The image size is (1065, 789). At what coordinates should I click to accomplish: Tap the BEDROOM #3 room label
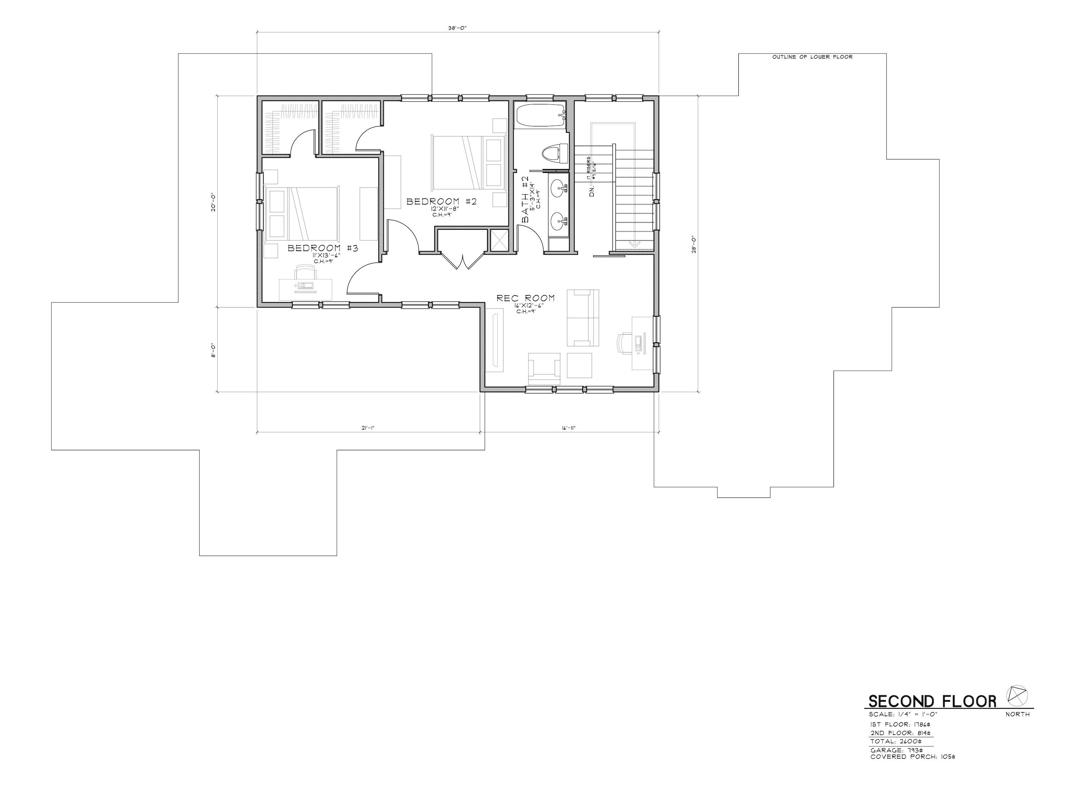(x=323, y=248)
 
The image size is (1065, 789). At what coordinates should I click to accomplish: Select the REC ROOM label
(x=526, y=298)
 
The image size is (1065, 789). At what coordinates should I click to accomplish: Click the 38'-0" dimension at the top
(x=457, y=28)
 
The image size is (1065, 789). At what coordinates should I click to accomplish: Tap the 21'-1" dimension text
(x=367, y=428)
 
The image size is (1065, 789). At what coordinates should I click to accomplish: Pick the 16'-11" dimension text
(x=569, y=428)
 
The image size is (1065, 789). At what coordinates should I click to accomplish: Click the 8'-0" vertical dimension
(x=213, y=350)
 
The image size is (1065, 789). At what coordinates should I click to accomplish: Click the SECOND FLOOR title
(x=932, y=701)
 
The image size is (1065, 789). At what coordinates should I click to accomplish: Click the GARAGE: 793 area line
(x=896, y=750)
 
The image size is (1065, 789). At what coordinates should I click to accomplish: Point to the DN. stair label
(x=592, y=191)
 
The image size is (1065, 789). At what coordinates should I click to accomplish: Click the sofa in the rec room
(x=583, y=317)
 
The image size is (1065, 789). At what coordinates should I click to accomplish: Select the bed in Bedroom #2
(x=468, y=162)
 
